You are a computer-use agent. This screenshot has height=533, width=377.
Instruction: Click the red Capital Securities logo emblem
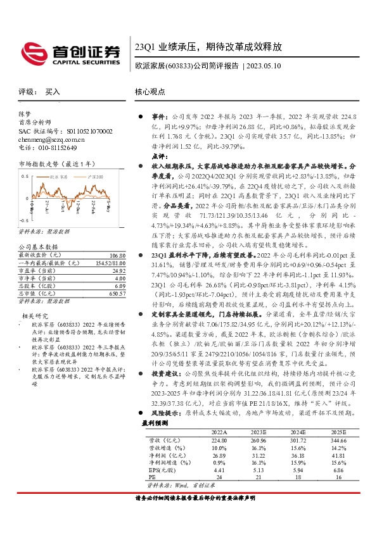[x=31, y=51]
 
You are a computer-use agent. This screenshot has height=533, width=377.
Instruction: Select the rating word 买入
[x=53, y=92]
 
